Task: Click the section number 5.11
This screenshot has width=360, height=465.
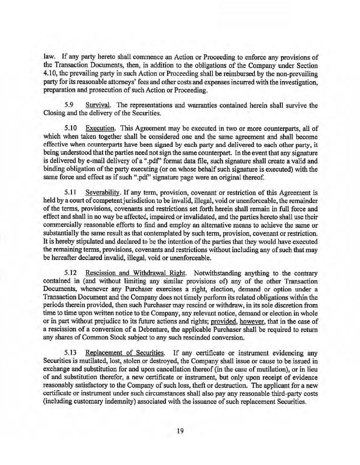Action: (x=71, y=192)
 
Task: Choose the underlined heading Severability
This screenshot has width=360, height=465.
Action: (x=102, y=192)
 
